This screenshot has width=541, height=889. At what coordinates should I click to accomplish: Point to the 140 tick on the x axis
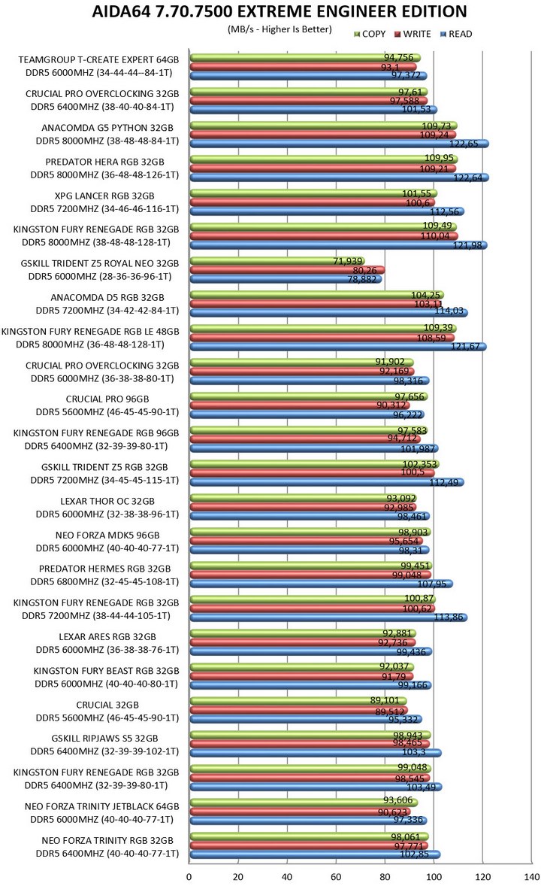pos(531,877)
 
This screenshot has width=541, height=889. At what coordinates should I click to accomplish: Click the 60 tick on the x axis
pos(336,877)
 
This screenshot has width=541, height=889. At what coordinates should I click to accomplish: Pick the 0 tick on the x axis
pos(189,877)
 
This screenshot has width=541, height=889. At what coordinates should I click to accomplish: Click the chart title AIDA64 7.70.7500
pos(279,11)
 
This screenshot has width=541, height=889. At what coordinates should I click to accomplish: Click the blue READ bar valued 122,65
pos(338,144)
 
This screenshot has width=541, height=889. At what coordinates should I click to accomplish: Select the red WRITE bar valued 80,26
pos(286,270)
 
